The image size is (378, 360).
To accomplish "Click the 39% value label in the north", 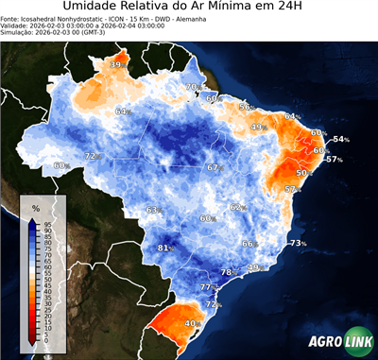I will pyautogui.click(x=117, y=64).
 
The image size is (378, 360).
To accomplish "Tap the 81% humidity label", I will pyautogui.click(x=165, y=249).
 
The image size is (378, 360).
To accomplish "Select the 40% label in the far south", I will pyautogui.click(x=192, y=324).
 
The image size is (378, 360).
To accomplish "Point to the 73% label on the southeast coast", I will pyautogui.click(x=298, y=244).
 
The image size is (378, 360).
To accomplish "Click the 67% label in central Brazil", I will pyautogui.click(x=215, y=167).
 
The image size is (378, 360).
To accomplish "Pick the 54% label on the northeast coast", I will pyautogui.click(x=340, y=140).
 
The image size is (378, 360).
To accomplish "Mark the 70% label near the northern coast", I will pyautogui.click(x=192, y=88).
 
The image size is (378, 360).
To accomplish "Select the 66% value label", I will pyautogui.click(x=249, y=244).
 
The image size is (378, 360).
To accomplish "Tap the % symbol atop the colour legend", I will pyautogui.click(x=35, y=206).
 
